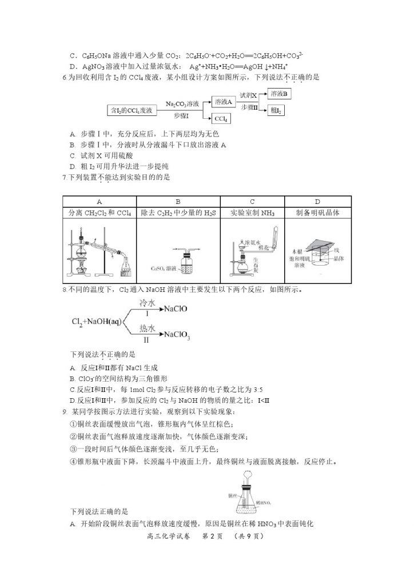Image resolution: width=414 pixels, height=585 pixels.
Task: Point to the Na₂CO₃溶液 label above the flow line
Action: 182,103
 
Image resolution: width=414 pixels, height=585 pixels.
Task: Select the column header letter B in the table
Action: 178,202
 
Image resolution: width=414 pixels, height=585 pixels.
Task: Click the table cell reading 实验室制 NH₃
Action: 252,213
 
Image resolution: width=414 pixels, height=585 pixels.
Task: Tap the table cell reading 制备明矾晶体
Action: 317,213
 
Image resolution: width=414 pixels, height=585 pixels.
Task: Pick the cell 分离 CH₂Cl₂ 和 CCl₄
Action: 99,213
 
